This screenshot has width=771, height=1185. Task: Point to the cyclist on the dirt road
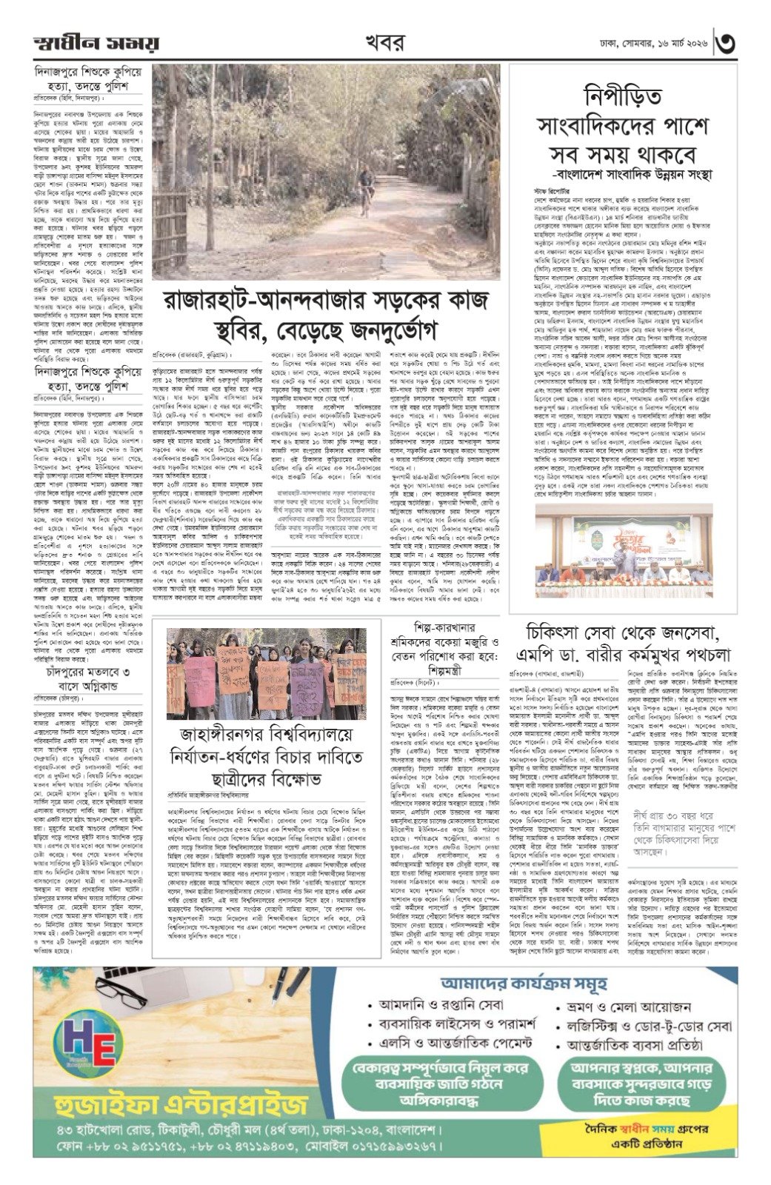[365, 184]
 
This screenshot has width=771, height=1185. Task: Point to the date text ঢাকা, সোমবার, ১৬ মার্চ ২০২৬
[652, 44]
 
